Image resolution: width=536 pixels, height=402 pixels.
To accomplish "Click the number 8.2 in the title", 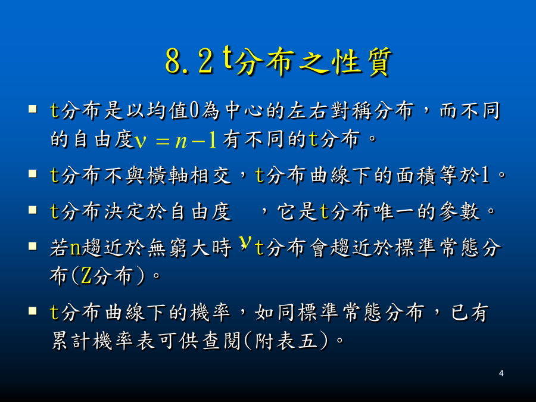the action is click(189, 61).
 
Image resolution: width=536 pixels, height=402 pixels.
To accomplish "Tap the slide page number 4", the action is click(501, 373).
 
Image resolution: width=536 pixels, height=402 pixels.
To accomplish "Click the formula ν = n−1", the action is click(176, 140).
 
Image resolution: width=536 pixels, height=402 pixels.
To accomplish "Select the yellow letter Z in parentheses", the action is click(86, 276).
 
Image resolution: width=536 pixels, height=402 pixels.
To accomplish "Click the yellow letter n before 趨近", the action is click(75, 248).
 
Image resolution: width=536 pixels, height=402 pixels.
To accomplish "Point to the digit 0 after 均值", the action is click(194, 111).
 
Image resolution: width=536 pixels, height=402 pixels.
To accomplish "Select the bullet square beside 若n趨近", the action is click(33, 246).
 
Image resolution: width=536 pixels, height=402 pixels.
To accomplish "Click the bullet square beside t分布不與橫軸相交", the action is click(33, 174).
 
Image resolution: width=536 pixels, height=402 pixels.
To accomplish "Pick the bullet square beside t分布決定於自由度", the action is click(33, 210).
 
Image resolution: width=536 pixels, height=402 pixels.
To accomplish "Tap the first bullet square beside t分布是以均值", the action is click(33, 109).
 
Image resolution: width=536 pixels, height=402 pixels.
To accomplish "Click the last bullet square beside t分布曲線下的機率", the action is click(33, 310).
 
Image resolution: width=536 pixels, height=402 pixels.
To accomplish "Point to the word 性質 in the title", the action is click(362, 61).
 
